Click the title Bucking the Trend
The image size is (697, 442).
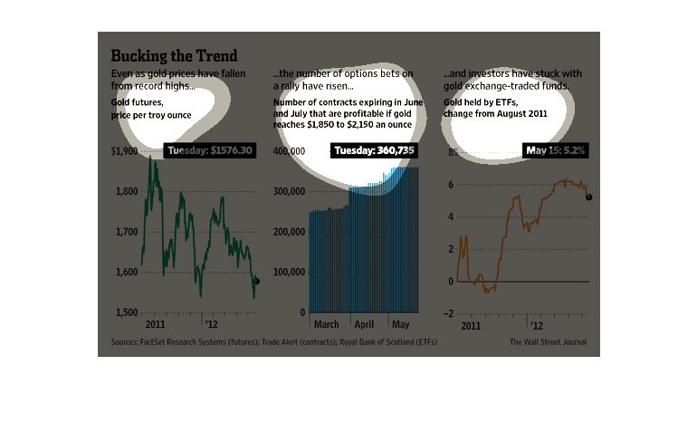point(174,56)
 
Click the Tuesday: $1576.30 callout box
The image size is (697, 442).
point(210,150)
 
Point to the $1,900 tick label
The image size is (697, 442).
point(123,151)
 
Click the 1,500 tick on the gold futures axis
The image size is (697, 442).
point(125,312)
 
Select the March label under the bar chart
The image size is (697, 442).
point(326,323)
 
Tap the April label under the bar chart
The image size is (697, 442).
point(365,323)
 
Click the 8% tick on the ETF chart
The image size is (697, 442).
point(450,151)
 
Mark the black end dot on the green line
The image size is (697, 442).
point(256,282)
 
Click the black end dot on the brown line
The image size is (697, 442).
point(589,197)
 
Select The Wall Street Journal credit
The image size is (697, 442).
point(548,342)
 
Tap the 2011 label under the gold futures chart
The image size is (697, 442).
point(154,323)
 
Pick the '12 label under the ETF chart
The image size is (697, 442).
point(536,323)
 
